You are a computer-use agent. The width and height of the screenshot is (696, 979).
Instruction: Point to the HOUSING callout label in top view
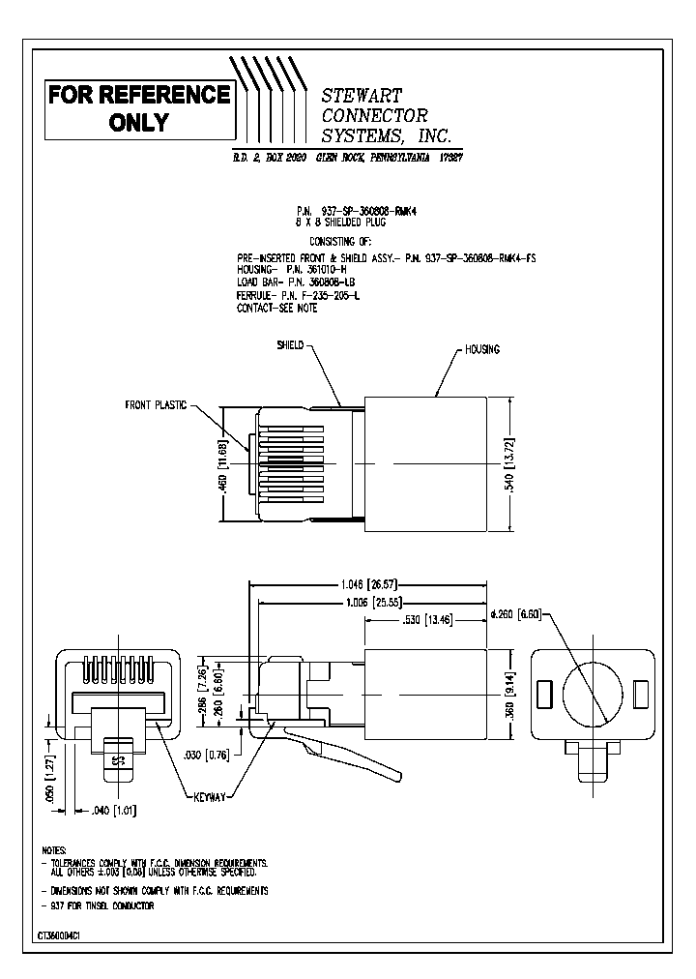point(481,349)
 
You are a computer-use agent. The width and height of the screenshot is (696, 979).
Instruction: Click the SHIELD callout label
point(290,344)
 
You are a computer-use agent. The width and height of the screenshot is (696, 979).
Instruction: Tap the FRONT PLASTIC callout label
point(155,405)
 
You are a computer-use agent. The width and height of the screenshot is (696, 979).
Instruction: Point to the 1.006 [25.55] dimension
point(366,602)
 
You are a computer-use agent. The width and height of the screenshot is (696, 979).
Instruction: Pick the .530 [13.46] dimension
point(422,618)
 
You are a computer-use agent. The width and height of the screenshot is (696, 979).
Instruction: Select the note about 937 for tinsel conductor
point(97,905)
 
